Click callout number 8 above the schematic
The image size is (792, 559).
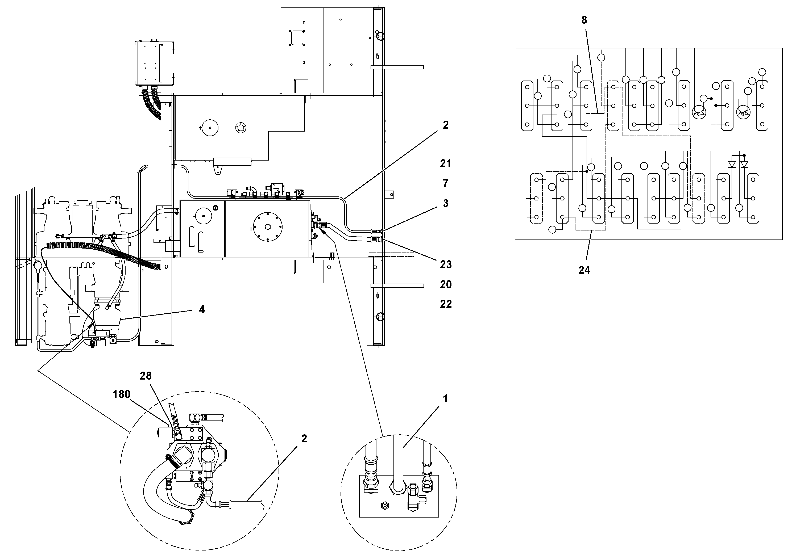coord(584,20)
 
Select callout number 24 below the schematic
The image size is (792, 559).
coord(584,270)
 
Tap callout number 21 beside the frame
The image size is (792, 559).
coord(445,164)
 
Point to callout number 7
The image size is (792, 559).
coord(445,183)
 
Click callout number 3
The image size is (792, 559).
coord(445,203)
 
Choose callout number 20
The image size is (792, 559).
coord(446,284)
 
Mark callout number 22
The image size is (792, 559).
coord(446,304)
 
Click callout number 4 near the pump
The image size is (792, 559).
coord(202,309)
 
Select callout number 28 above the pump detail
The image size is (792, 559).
coord(146,376)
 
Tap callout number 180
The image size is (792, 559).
coord(121,394)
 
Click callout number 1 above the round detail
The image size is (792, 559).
coord(445,399)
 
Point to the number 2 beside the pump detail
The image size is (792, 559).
coord(304,439)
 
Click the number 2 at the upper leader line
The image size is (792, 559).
coord(445,125)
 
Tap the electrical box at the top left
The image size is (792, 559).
coord(154,63)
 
